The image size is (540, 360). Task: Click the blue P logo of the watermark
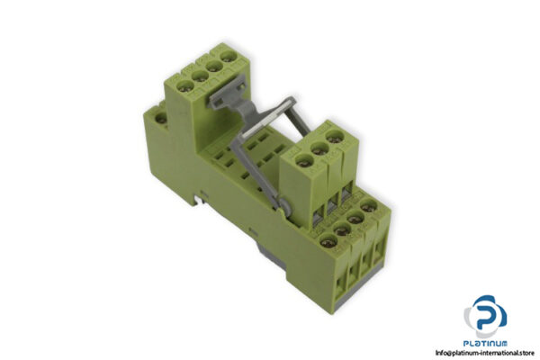485,315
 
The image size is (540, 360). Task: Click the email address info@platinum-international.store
473,353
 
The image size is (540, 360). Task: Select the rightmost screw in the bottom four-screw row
369,209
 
